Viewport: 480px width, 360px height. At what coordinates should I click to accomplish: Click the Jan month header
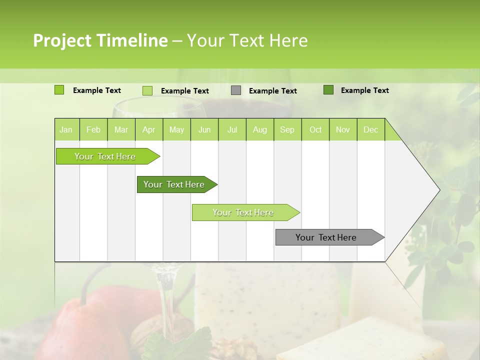pyautogui.click(x=66, y=129)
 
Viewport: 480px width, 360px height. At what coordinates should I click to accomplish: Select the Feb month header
pyautogui.click(x=93, y=129)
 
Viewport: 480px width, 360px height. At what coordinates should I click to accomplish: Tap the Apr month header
pyautogui.click(x=148, y=129)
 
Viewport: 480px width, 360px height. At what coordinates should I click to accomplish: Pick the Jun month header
pyautogui.click(x=204, y=129)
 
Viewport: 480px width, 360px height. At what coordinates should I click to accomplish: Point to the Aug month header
pyautogui.click(x=259, y=129)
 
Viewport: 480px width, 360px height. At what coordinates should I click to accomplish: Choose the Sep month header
pyautogui.click(x=287, y=129)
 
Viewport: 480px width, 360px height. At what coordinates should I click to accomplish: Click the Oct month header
pyautogui.click(x=315, y=129)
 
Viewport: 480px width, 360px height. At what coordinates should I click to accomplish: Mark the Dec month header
pyautogui.click(x=370, y=129)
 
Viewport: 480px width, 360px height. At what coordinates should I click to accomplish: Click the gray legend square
pyautogui.click(x=236, y=90)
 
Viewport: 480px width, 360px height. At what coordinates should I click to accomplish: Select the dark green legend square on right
pyautogui.click(x=328, y=90)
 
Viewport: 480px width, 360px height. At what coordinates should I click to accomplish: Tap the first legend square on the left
pyautogui.click(x=59, y=90)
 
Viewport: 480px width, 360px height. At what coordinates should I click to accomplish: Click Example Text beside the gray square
pyautogui.click(x=272, y=91)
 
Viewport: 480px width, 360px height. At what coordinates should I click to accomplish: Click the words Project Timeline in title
pyautogui.click(x=100, y=40)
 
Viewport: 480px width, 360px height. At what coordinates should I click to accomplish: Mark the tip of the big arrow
pyautogui.click(x=439, y=190)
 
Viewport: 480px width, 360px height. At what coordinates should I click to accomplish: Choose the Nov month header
pyautogui.click(x=343, y=129)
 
